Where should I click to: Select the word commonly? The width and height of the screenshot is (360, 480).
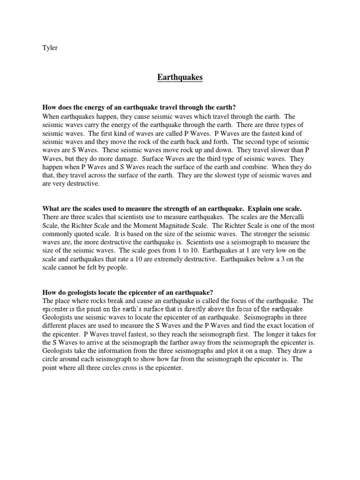coord(58,233)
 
